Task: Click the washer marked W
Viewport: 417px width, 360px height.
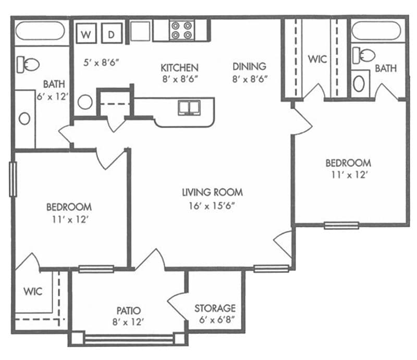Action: click(86, 33)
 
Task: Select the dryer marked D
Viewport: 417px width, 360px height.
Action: click(112, 33)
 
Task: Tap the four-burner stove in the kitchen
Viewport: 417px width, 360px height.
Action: click(182, 30)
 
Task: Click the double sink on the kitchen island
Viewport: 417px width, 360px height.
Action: click(189, 107)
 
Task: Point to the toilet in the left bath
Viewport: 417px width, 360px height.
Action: click(28, 65)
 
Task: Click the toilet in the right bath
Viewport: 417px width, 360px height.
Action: click(363, 55)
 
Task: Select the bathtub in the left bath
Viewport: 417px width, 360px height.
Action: click(40, 31)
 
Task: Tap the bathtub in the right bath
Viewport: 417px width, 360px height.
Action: click(376, 31)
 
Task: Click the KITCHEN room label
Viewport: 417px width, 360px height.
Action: click(179, 68)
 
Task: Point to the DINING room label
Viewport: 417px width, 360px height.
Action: click(249, 67)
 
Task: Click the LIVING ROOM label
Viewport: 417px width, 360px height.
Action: click(212, 192)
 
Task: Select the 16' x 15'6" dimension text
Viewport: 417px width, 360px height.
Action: click(212, 205)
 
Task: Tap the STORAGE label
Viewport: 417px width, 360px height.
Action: click(215, 308)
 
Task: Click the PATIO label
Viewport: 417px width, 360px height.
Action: click(129, 311)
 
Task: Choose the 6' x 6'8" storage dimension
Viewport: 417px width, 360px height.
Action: click(217, 320)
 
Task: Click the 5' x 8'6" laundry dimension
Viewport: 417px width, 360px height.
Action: click(101, 63)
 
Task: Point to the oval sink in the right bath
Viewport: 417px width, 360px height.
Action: click(359, 83)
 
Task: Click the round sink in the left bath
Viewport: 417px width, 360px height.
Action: click(24, 119)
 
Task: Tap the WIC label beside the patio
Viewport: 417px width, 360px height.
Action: click(33, 291)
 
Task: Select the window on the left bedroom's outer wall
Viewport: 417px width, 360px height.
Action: click(13, 179)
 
